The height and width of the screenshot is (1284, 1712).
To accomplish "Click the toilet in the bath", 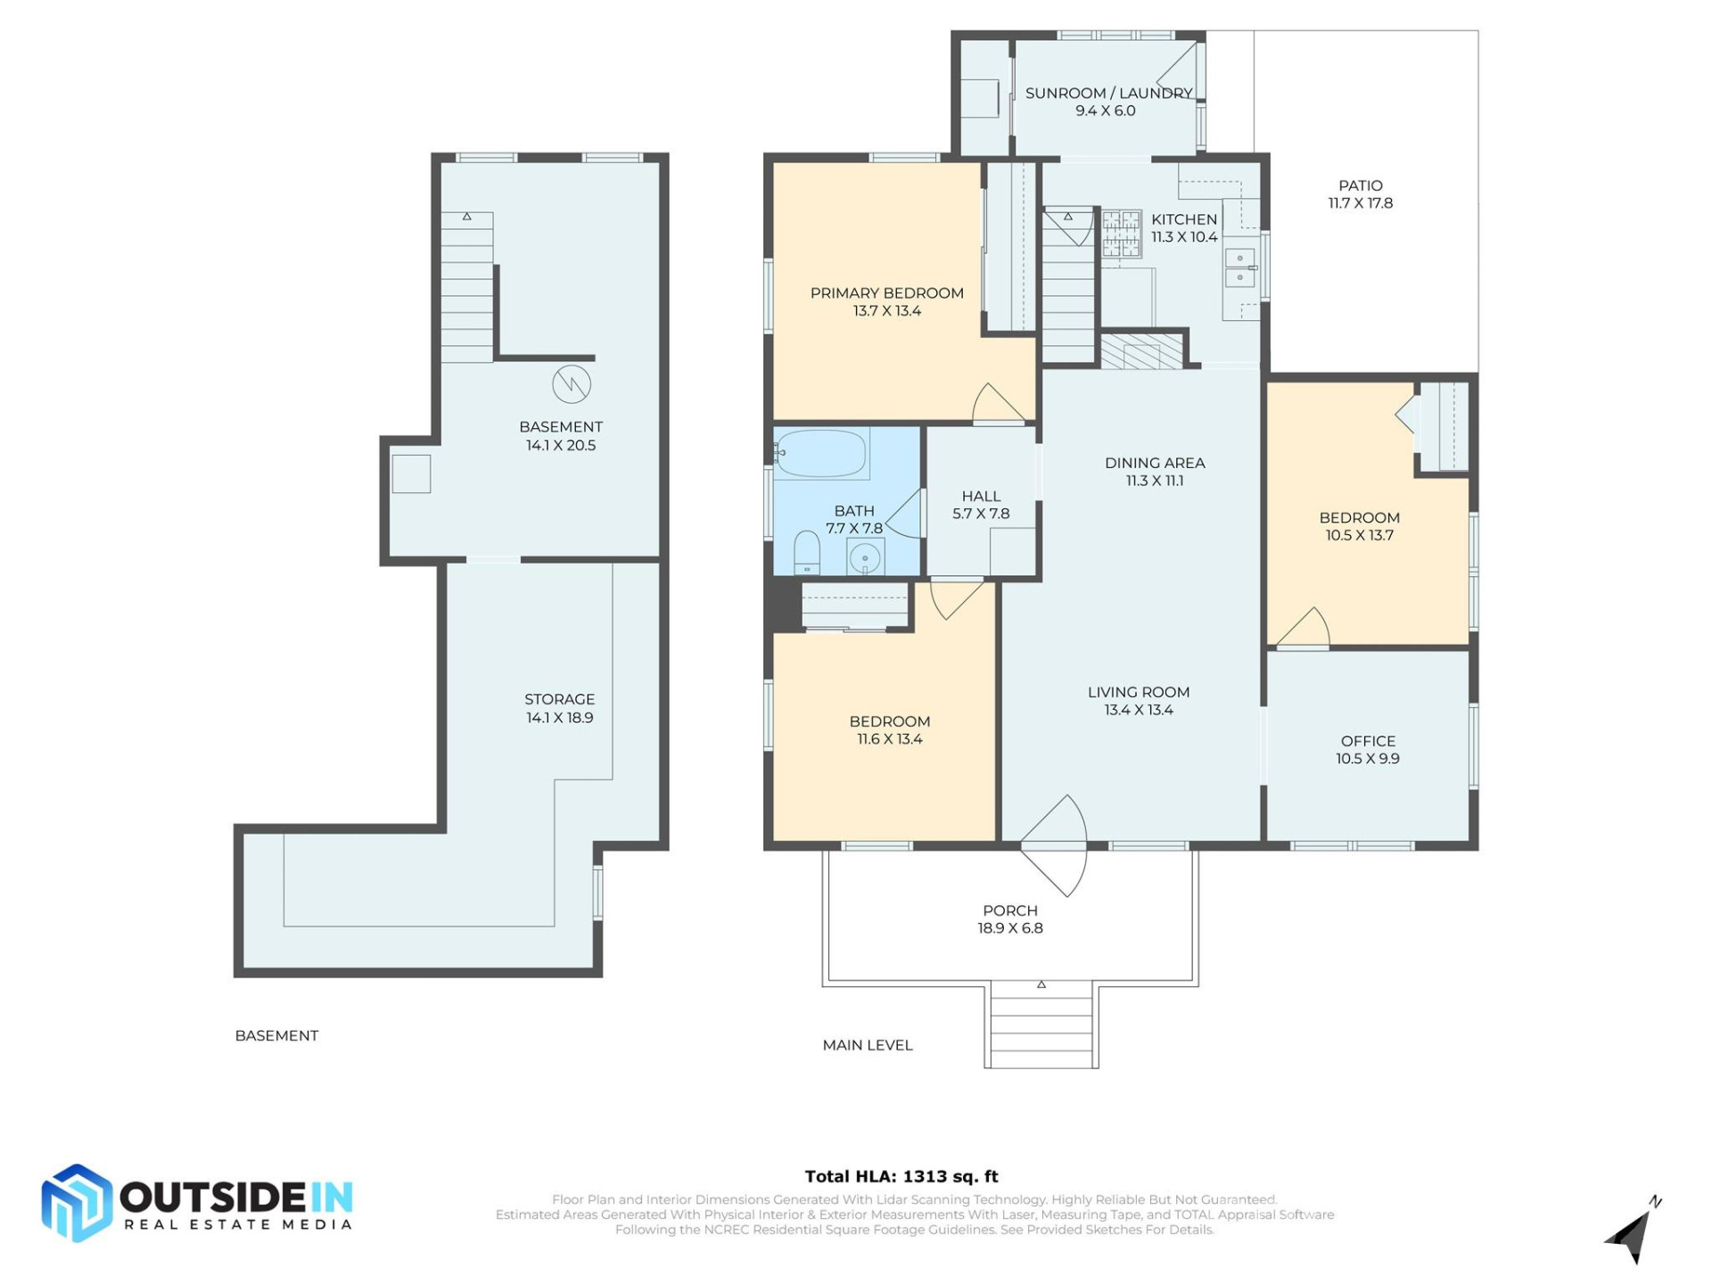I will coord(806,553).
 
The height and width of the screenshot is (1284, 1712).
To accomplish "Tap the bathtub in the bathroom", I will coord(821,454).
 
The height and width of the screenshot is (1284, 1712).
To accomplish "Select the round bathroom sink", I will coord(864,559).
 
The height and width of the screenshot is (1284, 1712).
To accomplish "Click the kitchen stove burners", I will coord(1121,233).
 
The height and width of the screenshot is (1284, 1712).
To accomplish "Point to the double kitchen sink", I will coord(1239,268).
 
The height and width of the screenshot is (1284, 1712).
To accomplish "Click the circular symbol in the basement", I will coord(572,384).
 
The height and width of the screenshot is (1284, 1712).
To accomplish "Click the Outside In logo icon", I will coord(78,1203).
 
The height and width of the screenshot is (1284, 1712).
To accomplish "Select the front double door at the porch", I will coord(1055,844).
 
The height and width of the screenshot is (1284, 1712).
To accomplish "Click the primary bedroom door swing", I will coord(996,404).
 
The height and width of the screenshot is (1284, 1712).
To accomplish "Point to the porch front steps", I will coord(1041,1025).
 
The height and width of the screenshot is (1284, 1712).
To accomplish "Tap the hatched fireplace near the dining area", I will coord(1141,350).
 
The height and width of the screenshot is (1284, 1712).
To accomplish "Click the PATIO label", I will coord(1360,185).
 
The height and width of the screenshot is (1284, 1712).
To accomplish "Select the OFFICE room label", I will coord(1368,741).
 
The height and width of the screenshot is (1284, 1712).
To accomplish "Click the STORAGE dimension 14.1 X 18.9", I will coord(559,718).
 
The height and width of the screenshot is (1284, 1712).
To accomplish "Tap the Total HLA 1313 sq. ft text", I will coord(901,1176).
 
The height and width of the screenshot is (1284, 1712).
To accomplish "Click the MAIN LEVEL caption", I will coord(867,1045).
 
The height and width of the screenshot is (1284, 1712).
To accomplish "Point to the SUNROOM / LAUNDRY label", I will coord(1108,93).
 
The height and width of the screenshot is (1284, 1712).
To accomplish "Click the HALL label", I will coord(981,496).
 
